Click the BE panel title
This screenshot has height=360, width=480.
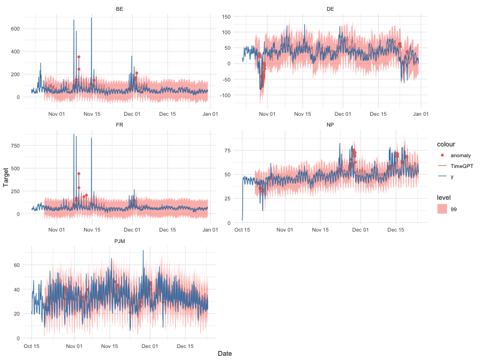point(120,9)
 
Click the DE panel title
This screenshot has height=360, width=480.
point(331,9)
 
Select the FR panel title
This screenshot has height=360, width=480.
point(120,125)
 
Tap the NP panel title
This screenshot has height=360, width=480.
point(331,125)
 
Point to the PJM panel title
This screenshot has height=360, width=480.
point(120,241)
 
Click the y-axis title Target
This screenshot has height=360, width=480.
point(7,178)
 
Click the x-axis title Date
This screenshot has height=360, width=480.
point(225,354)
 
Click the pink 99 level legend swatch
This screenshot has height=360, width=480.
point(442,209)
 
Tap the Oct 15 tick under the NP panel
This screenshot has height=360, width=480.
point(242,229)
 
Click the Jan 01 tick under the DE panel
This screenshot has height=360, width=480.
point(421,113)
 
